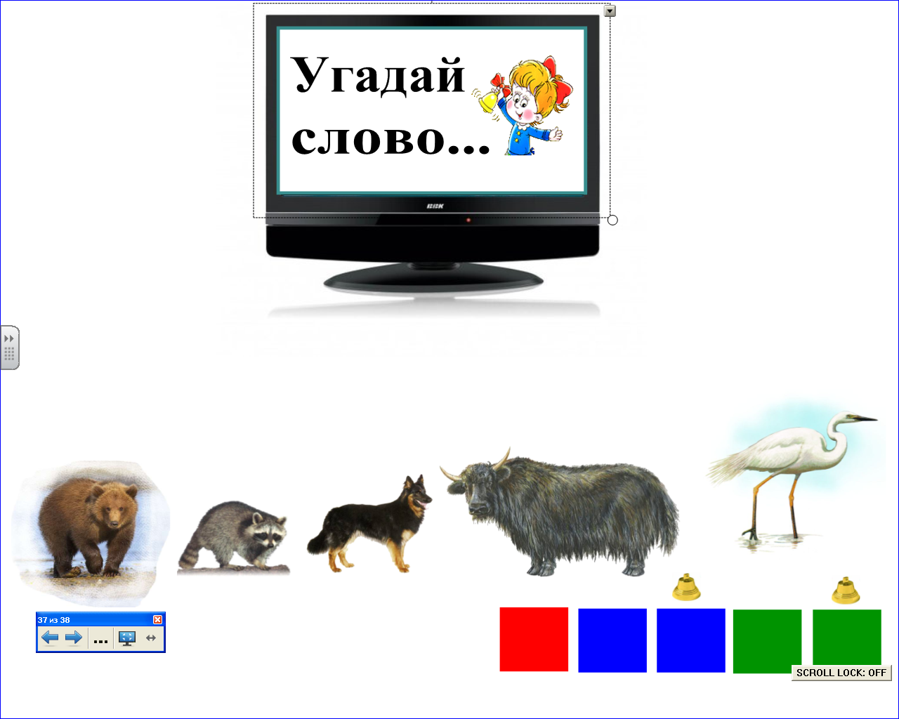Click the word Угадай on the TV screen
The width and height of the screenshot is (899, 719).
(x=378, y=76)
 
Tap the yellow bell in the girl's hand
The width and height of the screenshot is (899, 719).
(x=487, y=102)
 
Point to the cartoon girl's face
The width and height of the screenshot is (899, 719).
(x=523, y=105)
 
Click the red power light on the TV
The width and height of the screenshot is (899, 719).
(x=468, y=220)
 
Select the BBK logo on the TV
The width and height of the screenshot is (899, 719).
(x=435, y=206)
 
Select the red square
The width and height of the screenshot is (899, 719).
(x=534, y=639)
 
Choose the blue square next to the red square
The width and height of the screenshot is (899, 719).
(x=612, y=640)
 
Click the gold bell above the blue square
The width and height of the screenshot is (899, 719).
(x=686, y=587)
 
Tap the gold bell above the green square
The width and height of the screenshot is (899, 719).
(x=846, y=591)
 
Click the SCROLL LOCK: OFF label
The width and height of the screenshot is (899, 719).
(x=841, y=673)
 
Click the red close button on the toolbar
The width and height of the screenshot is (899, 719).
(x=157, y=619)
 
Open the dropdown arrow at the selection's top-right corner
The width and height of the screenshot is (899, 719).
(x=610, y=11)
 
